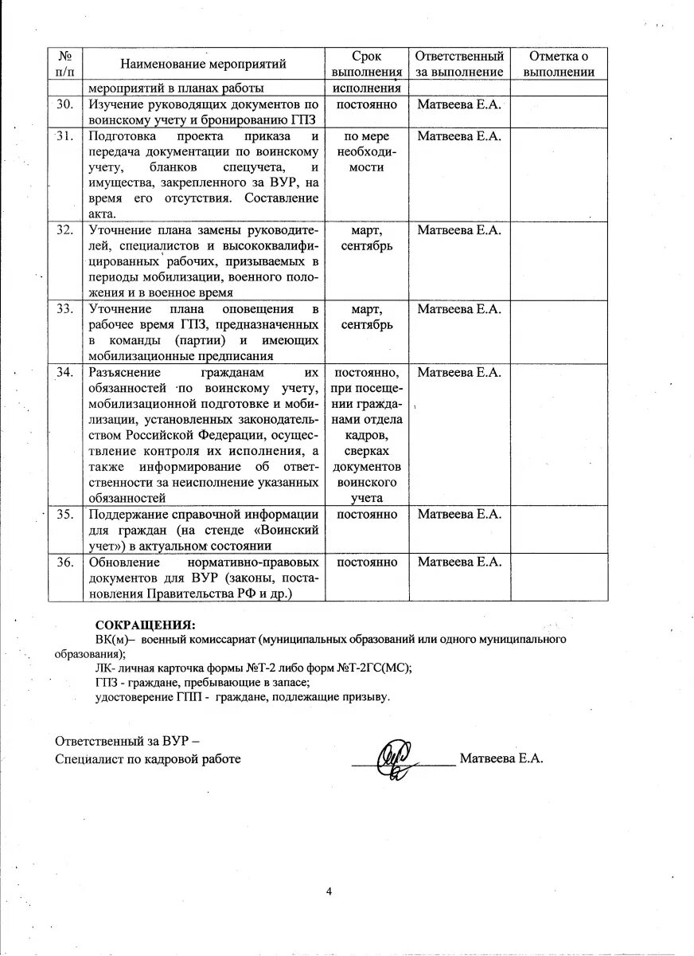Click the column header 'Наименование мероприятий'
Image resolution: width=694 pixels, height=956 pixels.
pyautogui.click(x=203, y=64)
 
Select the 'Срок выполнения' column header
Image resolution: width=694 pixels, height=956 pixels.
pyautogui.click(x=366, y=64)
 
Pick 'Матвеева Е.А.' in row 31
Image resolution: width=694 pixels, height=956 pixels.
pyautogui.click(x=458, y=136)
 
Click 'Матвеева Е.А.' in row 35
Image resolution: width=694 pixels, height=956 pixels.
pyautogui.click(x=458, y=514)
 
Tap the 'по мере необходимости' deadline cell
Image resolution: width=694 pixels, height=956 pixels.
pyautogui.click(x=366, y=151)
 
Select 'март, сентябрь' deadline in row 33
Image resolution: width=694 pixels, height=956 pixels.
pyautogui.click(x=366, y=317)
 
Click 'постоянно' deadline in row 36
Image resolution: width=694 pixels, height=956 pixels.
pyautogui.click(x=366, y=562)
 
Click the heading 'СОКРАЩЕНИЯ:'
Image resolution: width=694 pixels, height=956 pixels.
pyautogui.click(x=145, y=625)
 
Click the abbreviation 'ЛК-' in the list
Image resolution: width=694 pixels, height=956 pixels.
pyautogui.click(x=105, y=668)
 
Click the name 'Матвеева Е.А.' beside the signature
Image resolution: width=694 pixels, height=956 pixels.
pyautogui.click(x=501, y=758)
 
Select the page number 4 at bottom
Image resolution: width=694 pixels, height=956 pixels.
pyautogui.click(x=329, y=891)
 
